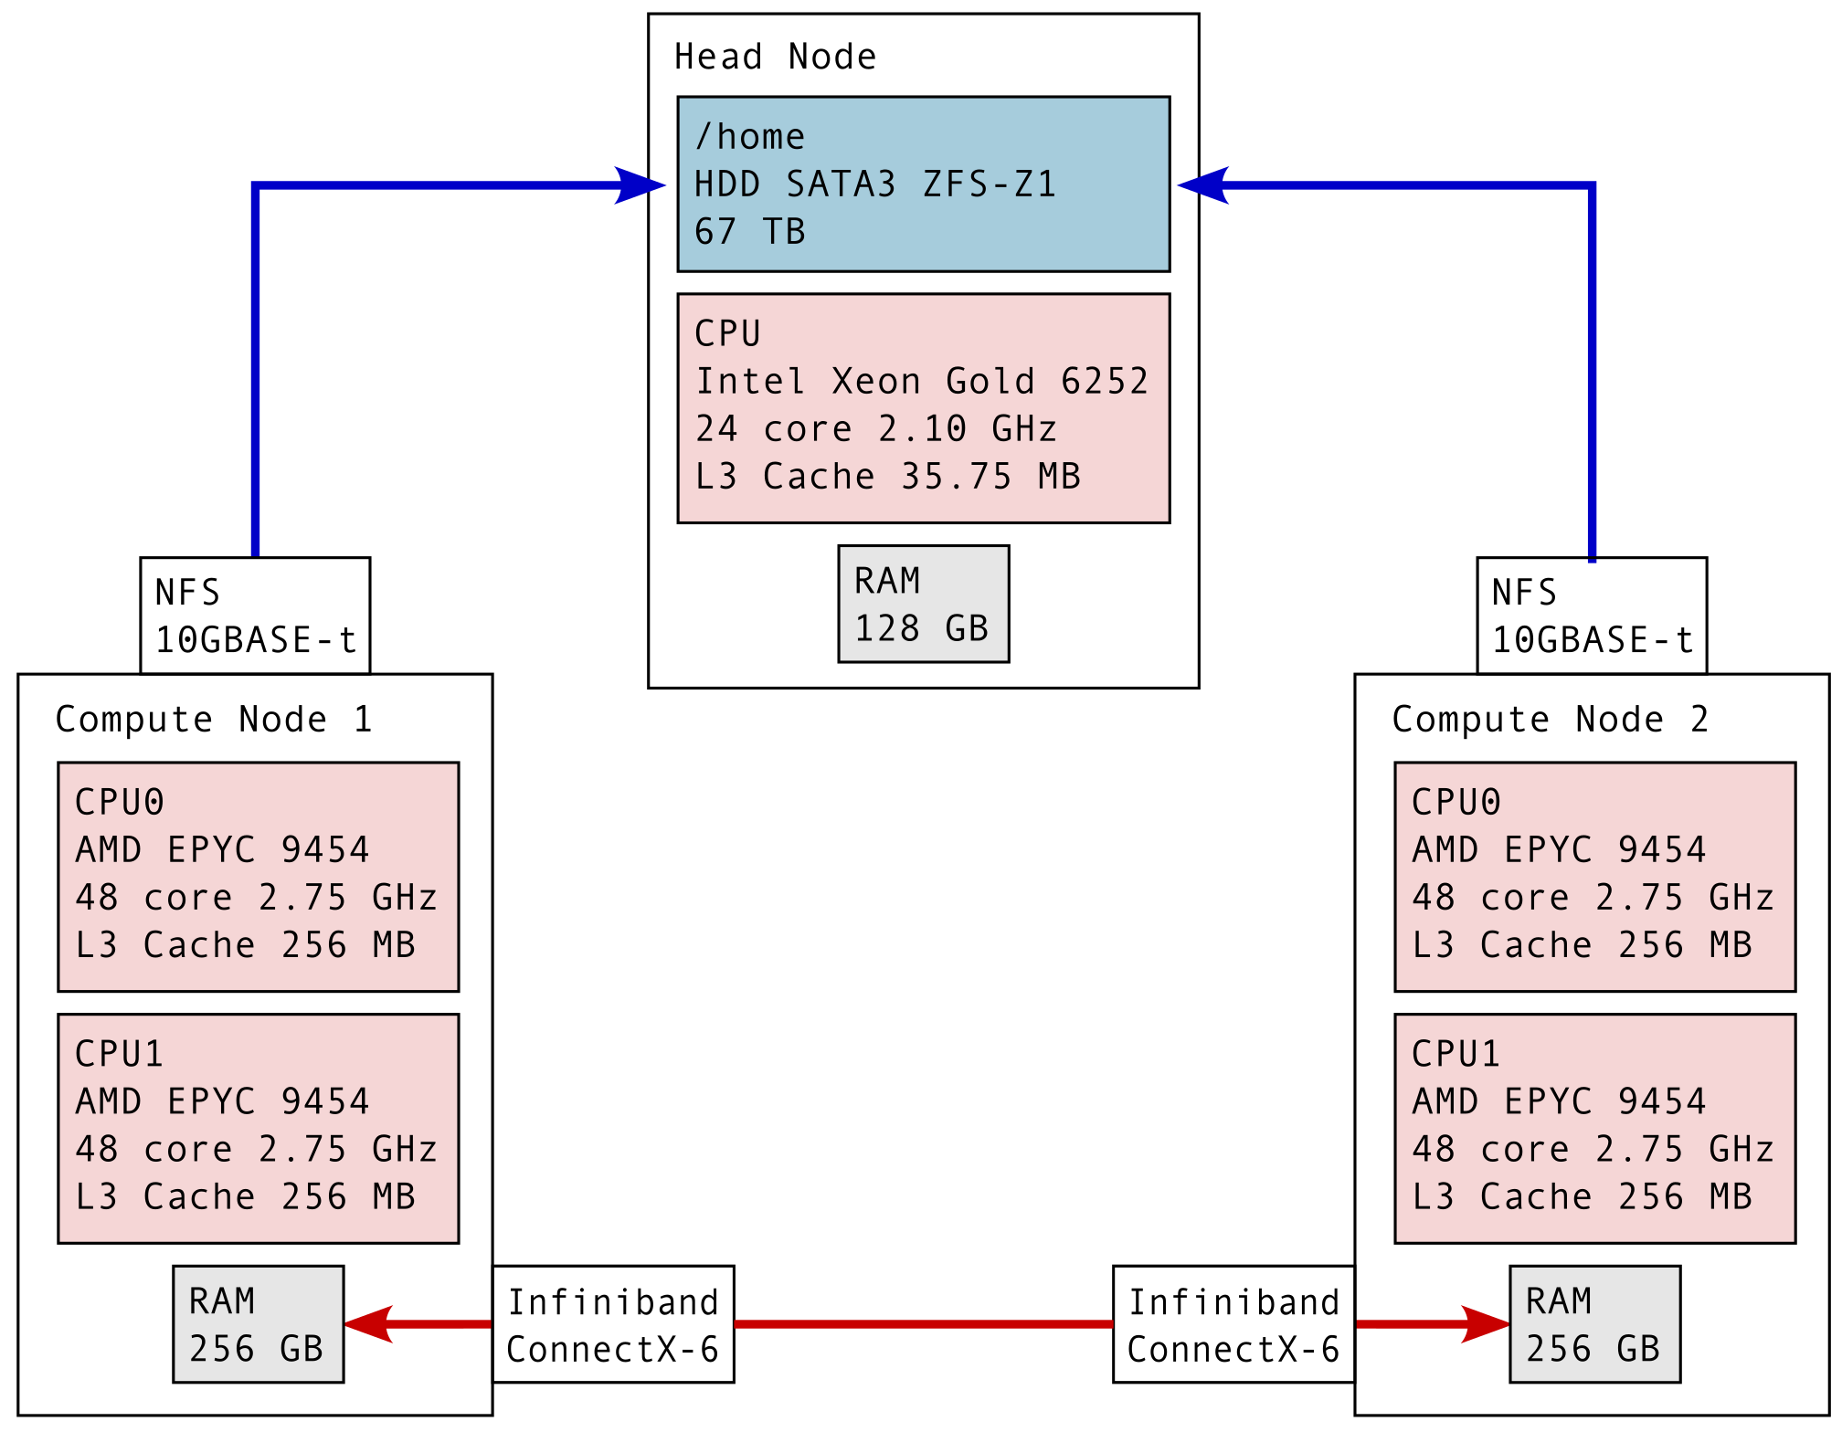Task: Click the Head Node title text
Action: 775,57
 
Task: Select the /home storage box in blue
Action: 923,184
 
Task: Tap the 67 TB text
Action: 749,232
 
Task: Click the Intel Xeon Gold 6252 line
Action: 921,381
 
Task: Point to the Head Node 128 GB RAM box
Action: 923,604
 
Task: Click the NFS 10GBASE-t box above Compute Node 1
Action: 255,616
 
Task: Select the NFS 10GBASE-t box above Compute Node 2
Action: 1591,616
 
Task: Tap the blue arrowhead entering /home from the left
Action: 640,185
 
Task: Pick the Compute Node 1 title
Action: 213,719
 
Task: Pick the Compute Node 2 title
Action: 1550,719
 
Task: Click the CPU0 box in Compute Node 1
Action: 258,877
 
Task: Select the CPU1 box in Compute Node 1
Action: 258,1128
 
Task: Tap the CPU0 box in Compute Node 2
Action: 1594,877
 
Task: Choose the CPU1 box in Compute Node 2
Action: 1594,1128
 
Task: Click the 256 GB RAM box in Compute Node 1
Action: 258,1324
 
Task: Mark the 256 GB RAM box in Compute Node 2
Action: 1594,1324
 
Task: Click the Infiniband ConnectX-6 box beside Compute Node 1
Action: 613,1324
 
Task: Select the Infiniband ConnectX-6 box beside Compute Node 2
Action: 1233,1324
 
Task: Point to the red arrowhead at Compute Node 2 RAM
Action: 1485,1324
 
